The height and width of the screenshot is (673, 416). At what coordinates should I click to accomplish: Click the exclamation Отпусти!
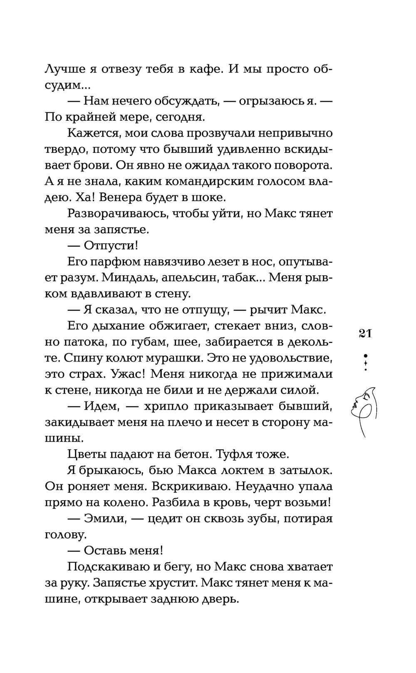(111, 245)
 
